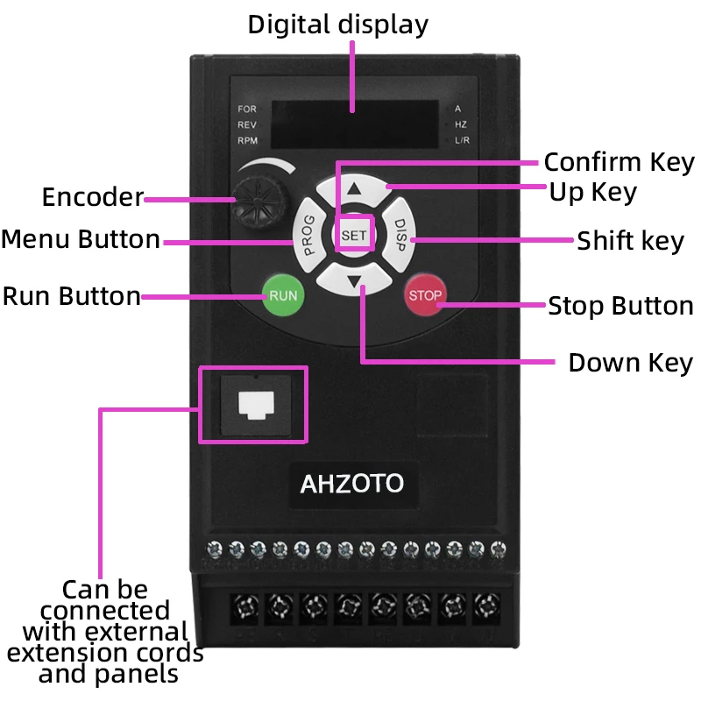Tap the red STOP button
(x=425, y=295)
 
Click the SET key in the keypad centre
(x=354, y=235)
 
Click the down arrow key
(x=354, y=280)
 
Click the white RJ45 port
(x=256, y=405)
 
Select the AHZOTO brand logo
(x=352, y=484)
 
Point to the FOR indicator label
(x=247, y=109)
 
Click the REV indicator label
(x=247, y=124)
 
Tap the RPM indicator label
(x=248, y=140)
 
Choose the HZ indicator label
(x=461, y=124)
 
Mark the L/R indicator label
(x=462, y=140)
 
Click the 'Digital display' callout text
(x=338, y=25)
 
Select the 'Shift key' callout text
(x=630, y=241)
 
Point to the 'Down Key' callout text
(x=630, y=363)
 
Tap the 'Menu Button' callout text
(x=81, y=239)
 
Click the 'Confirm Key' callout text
(x=620, y=162)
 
